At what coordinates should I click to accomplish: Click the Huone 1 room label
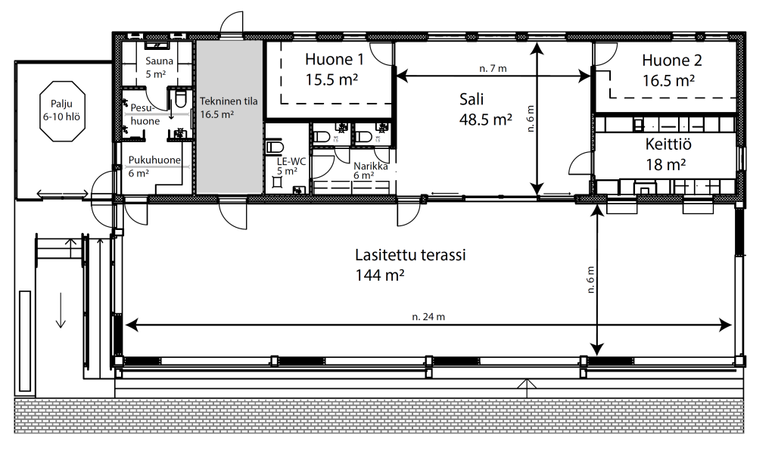(x=334, y=69)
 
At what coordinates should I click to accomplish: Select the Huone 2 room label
(x=672, y=70)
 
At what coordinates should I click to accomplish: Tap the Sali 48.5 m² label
(x=485, y=109)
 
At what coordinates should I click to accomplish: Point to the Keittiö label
(x=668, y=145)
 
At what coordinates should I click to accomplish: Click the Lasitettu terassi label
(x=410, y=255)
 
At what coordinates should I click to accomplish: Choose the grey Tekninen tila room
(x=229, y=117)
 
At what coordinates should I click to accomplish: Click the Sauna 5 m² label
(x=159, y=67)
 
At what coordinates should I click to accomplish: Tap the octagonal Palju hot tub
(x=62, y=110)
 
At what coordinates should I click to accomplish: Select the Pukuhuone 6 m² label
(x=154, y=166)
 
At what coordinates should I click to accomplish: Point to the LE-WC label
(x=291, y=162)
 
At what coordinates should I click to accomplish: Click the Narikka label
(x=370, y=166)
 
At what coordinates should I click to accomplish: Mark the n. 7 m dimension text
(x=493, y=69)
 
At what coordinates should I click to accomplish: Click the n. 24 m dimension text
(x=428, y=317)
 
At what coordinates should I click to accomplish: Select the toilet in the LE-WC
(x=274, y=148)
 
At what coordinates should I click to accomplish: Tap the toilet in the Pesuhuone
(x=180, y=99)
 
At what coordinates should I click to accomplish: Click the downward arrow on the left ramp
(x=61, y=309)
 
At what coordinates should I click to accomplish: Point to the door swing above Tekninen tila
(x=232, y=24)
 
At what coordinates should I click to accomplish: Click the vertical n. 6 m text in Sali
(x=531, y=119)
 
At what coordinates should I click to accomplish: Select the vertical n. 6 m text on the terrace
(x=590, y=280)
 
